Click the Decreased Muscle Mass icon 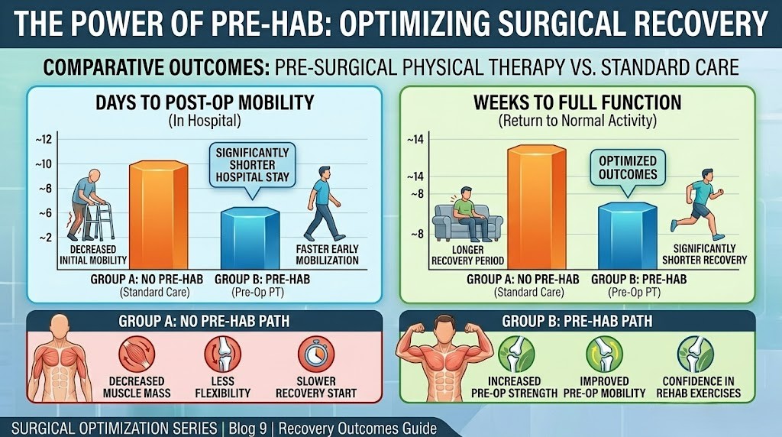(x=137, y=355)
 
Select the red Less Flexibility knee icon (x=222, y=355)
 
